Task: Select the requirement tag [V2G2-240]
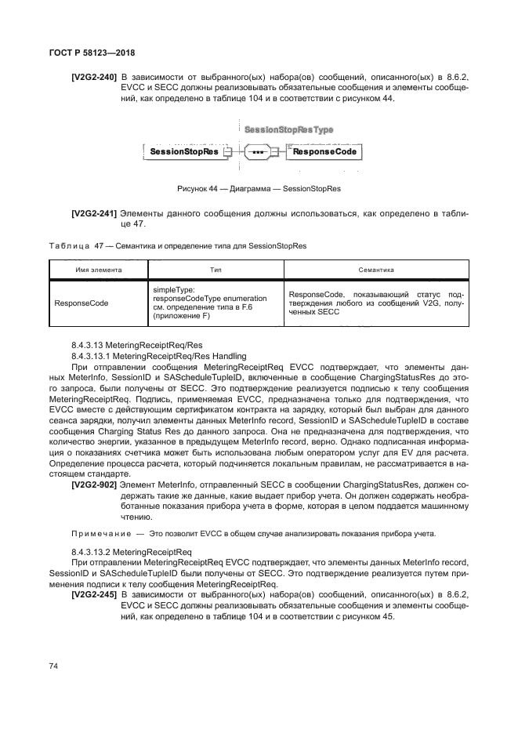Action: click(x=94, y=78)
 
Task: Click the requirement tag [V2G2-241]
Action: click(x=94, y=213)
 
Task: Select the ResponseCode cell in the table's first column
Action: click(x=81, y=301)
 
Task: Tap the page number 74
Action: click(x=54, y=666)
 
